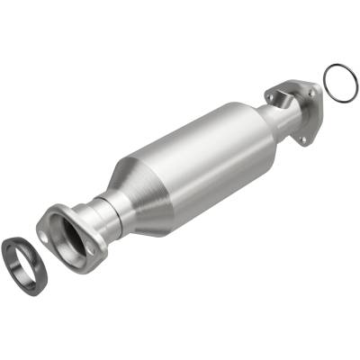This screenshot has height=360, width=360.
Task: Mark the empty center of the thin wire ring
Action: pos(336,81)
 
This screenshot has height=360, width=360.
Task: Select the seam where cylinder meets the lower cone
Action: pos(148,180)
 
